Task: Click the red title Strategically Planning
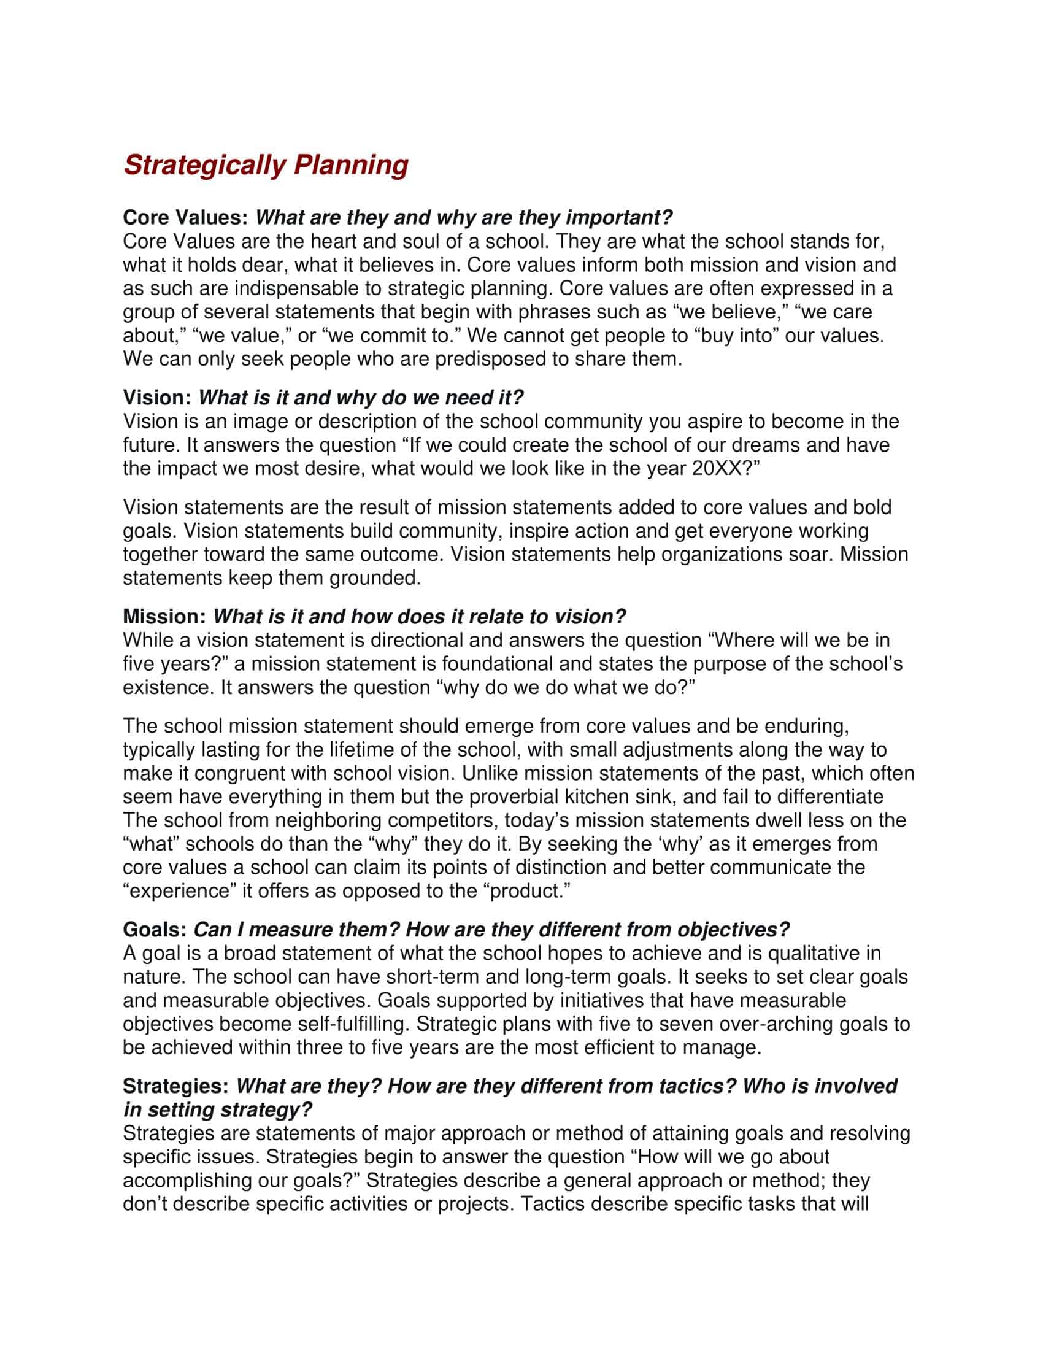[x=266, y=165]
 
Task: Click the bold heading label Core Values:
[x=185, y=218]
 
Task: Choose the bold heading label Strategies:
[x=177, y=1086]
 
